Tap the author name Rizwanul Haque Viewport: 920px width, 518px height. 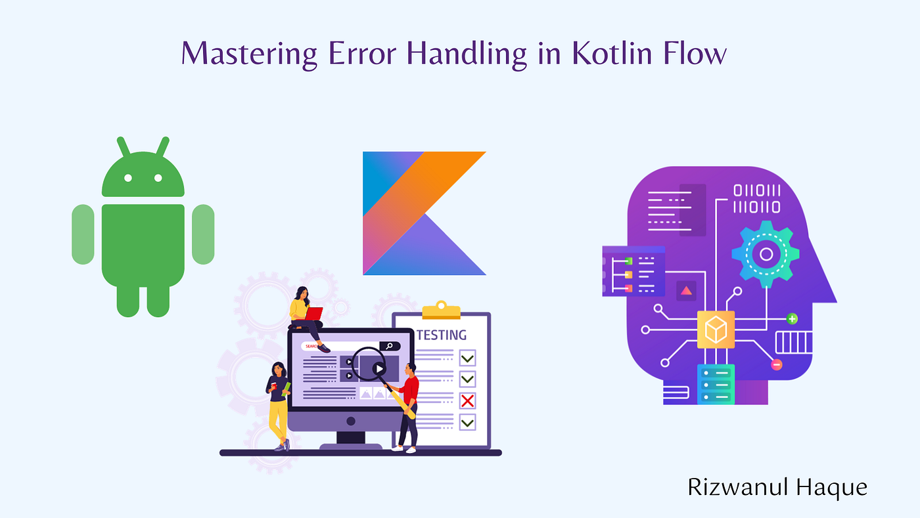777,486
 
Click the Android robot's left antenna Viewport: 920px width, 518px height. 123,147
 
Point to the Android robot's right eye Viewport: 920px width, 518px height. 158,177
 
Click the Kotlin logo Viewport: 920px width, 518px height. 424,213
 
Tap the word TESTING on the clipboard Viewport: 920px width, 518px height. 442,335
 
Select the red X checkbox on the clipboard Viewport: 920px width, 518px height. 468,400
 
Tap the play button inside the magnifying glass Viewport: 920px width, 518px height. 379,369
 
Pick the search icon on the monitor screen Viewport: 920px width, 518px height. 390,346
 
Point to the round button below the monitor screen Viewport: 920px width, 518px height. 350,421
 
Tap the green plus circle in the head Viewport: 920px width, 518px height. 793,319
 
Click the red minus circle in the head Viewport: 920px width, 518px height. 777,365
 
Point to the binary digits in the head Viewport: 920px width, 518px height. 757,199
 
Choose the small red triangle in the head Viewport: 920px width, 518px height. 687,290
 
